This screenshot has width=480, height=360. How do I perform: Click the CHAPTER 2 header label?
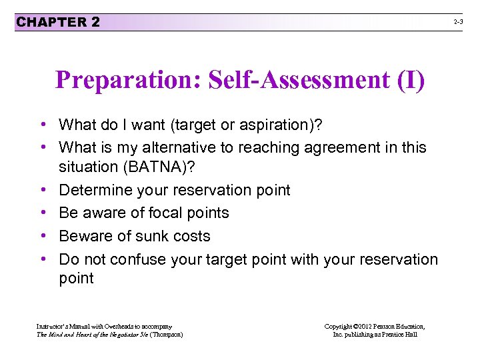pyautogui.click(x=58, y=22)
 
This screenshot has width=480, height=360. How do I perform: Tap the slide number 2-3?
pyautogui.click(x=459, y=22)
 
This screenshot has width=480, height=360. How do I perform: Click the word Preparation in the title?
pyautogui.click(x=127, y=81)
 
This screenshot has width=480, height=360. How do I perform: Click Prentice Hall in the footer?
pyautogui.click(x=401, y=335)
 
